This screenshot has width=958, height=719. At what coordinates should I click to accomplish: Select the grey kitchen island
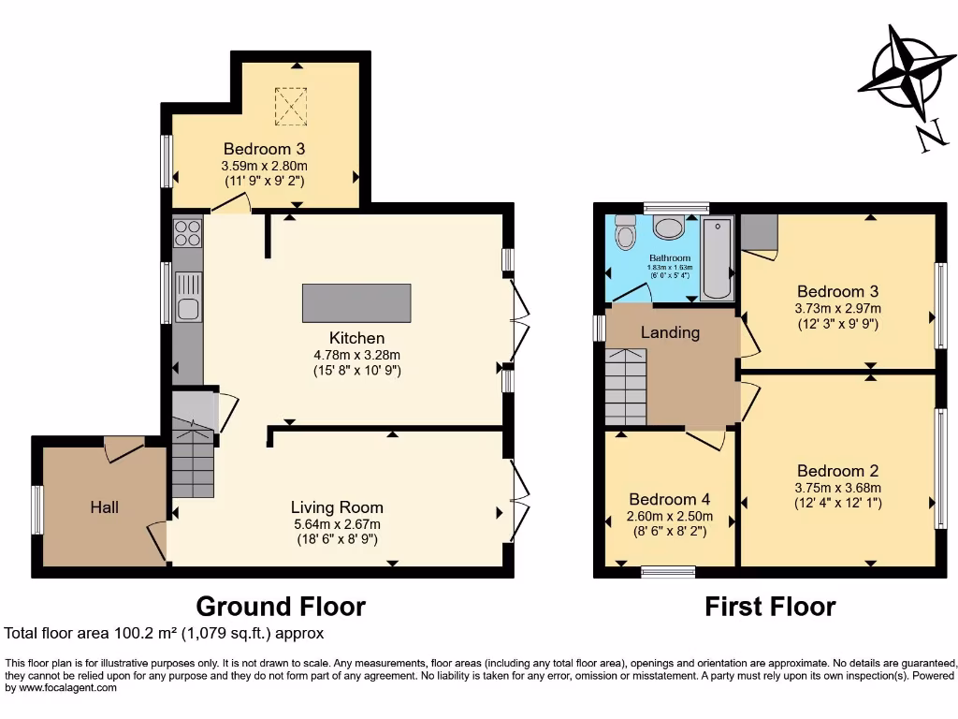pyautogui.click(x=356, y=303)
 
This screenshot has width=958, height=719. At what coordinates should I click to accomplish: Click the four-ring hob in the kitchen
pyautogui.click(x=188, y=231)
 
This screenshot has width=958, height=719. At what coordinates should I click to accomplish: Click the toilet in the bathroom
pyautogui.click(x=624, y=229)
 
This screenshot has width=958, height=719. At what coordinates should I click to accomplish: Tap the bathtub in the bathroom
pyautogui.click(x=718, y=258)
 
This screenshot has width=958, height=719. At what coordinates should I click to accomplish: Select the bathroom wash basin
pyautogui.click(x=668, y=227)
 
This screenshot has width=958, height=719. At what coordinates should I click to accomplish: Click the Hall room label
pyautogui.click(x=105, y=506)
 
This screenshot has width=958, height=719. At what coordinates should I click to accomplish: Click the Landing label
pyautogui.click(x=670, y=332)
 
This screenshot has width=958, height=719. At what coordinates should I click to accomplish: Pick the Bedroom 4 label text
pyautogui.click(x=669, y=499)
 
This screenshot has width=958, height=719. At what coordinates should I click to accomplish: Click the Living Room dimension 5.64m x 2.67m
pyautogui.click(x=336, y=524)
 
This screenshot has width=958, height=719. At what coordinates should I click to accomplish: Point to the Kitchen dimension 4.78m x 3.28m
pyautogui.click(x=356, y=355)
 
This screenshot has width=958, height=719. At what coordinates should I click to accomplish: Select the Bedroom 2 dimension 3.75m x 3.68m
pyautogui.click(x=838, y=487)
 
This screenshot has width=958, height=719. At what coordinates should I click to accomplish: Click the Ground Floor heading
pyautogui.click(x=280, y=606)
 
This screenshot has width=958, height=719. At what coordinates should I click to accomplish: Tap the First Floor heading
pyautogui.click(x=770, y=607)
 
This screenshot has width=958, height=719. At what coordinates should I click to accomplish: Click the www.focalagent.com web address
pyautogui.click(x=64, y=688)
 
